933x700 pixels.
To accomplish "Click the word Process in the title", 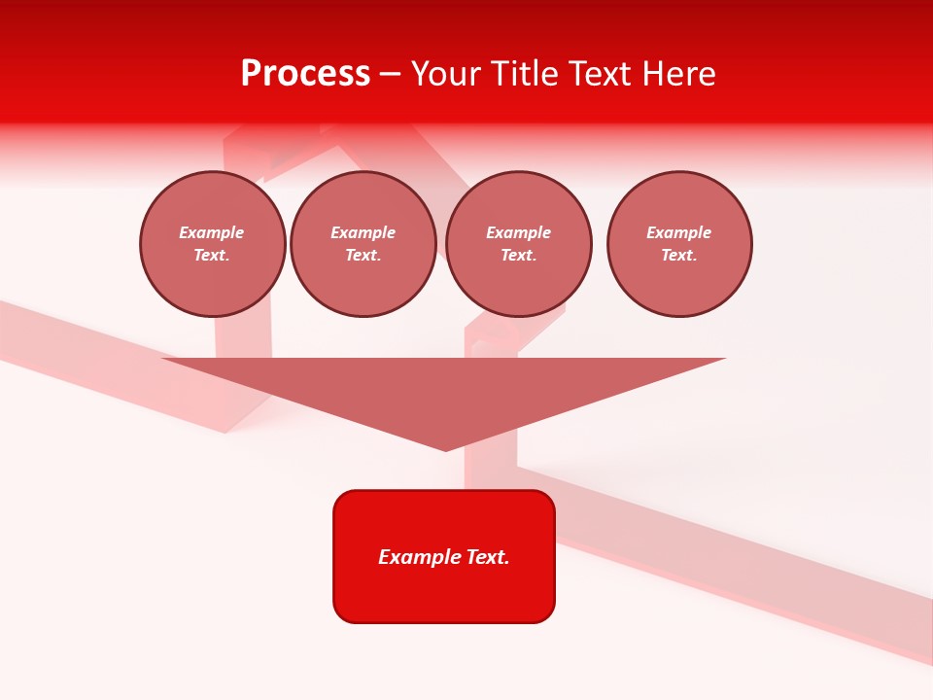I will (x=305, y=74).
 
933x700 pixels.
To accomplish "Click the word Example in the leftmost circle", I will (x=212, y=232).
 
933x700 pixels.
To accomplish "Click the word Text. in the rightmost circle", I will (x=679, y=256).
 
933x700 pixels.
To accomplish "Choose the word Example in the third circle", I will (x=518, y=232).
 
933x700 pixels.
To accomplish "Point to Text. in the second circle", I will (x=363, y=256).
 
